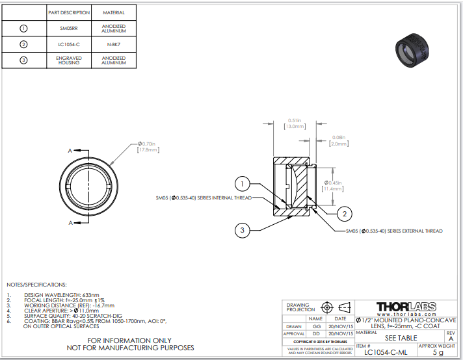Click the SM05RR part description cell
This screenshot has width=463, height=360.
(x=68, y=29)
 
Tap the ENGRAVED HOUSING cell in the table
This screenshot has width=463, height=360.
(x=68, y=60)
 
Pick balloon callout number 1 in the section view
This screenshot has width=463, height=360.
(x=241, y=183)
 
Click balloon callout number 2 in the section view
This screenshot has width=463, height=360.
(x=345, y=213)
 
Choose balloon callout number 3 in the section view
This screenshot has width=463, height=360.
(x=242, y=229)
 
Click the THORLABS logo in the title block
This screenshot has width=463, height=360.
(x=406, y=307)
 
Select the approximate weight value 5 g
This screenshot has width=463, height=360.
(x=437, y=352)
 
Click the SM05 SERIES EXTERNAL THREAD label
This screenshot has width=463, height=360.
(x=394, y=231)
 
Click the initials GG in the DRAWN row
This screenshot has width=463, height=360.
(x=317, y=327)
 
